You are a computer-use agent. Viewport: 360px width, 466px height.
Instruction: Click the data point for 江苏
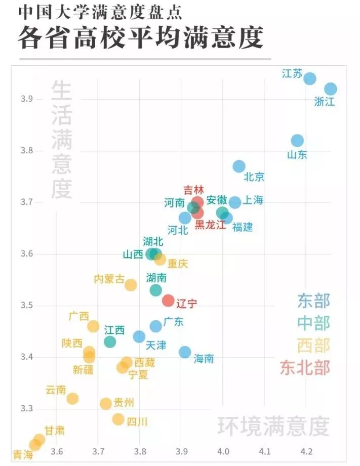click(310, 78)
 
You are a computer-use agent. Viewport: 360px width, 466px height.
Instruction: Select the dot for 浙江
click(331, 89)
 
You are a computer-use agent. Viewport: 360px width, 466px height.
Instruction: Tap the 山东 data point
click(297, 140)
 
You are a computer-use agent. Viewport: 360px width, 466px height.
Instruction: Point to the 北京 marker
click(239, 166)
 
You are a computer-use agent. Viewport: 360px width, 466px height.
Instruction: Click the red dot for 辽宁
click(168, 300)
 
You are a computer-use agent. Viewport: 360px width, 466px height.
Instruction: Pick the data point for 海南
click(185, 352)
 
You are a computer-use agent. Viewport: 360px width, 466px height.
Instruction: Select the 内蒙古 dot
click(131, 284)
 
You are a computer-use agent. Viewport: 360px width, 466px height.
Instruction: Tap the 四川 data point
click(118, 419)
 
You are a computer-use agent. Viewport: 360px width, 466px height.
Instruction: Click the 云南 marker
click(72, 398)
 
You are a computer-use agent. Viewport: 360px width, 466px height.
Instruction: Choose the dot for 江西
click(110, 342)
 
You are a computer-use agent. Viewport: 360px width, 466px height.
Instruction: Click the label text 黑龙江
click(210, 225)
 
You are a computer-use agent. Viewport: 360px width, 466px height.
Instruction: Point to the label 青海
click(23, 454)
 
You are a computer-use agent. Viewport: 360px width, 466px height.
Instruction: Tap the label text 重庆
click(178, 264)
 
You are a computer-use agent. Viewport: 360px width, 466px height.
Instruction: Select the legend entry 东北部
click(305, 368)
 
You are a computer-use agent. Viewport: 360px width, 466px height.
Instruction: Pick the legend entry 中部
click(313, 323)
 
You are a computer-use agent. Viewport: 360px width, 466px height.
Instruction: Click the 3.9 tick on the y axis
click(27, 99)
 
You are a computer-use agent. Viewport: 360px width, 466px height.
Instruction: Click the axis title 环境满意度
click(273, 427)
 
